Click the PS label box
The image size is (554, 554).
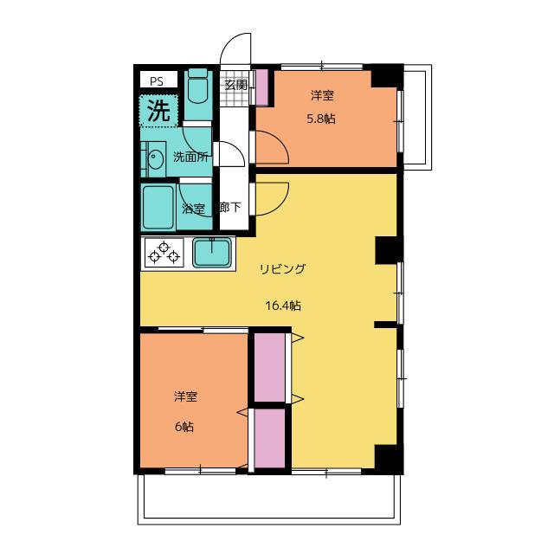click(158, 80)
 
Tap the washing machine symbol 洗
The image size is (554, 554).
click(158, 111)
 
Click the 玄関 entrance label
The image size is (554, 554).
click(235, 85)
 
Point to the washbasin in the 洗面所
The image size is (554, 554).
click(155, 159)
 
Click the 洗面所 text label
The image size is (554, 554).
click(190, 157)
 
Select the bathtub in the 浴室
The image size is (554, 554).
click(158, 208)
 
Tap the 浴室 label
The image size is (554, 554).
click(193, 209)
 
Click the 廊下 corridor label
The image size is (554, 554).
click(230, 207)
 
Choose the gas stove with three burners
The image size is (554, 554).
click(164, 253)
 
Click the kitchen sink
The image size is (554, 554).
click(212, 252)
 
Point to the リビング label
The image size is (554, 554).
click(282, 269)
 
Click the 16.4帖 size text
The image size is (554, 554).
click(283, 306)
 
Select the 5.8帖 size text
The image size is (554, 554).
click(321, 119)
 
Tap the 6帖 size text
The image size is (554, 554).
click(184, 427)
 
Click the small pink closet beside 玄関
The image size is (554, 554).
click(261, 87)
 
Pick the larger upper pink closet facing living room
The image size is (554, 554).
click(269, 367)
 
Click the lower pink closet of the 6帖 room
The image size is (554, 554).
click(269, 438)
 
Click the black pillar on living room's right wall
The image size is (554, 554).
click(388, 250)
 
